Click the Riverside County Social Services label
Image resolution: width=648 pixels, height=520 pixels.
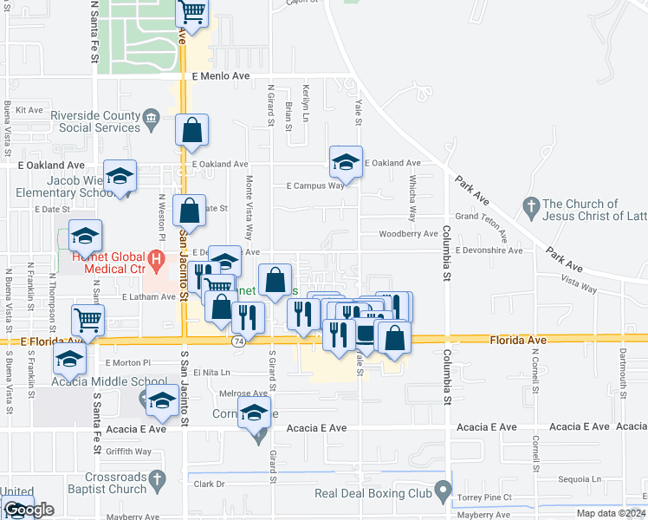[95, 121]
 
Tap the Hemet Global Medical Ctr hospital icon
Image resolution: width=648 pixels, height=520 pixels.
[156, 258]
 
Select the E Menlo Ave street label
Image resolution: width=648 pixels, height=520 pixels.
[221, 76]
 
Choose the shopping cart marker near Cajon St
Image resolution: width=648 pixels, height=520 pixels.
[192, 13]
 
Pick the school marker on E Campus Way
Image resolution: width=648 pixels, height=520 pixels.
[345, 161]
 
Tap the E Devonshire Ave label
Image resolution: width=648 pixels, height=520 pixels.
[489, 250]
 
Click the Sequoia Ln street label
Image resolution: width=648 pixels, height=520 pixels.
[580, 478]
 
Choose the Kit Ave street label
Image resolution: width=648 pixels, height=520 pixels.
[29, 110]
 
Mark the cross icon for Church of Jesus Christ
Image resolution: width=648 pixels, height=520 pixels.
[531, 206]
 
